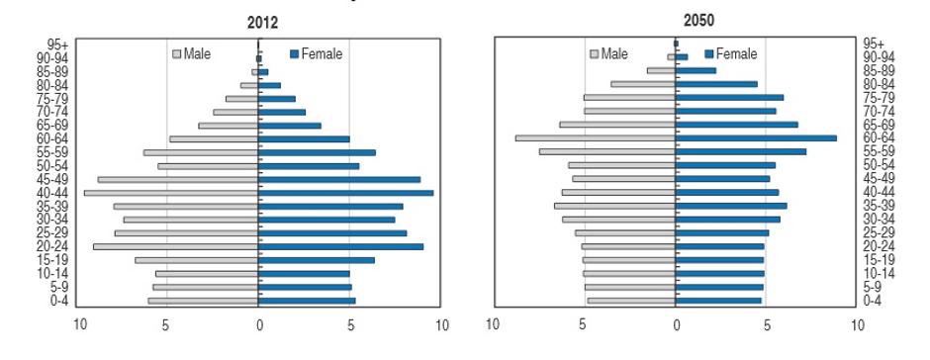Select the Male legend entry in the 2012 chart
tap(192, 53)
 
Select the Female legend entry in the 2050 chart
tap(731, 53)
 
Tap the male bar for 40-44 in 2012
tap(171, 193)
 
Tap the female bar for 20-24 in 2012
tap(341, 246)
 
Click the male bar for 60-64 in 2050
tap(596, 138)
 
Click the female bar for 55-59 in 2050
tap(741, 151)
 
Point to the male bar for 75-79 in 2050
tap(629, 98)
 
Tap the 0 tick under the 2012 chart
tap(259, 324)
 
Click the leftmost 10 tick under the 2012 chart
tap(82, 324)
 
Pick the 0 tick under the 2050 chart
tap(677, 324)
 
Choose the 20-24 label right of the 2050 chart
tap(879, 246)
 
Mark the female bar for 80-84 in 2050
tap(716, 84)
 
